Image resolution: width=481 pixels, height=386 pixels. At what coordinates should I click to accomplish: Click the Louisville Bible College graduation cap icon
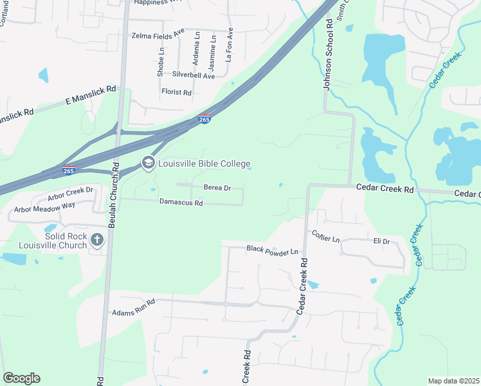point(149,163)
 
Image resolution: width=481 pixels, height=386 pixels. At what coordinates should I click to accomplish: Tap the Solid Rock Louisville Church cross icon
point(97,241)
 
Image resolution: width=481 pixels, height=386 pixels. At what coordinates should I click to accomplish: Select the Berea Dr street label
point(217,187)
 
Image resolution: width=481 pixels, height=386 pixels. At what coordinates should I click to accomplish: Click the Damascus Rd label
point(181,203)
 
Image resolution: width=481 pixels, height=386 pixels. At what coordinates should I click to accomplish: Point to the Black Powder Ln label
point(273,249)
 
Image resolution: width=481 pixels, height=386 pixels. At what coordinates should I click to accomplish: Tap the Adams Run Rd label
point(134,306)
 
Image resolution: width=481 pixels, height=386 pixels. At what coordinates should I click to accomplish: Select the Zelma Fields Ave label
point(158,36)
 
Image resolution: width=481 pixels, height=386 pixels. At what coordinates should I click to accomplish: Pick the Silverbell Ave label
point(194,76)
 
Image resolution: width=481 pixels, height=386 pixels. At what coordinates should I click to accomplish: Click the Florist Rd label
point(177,93)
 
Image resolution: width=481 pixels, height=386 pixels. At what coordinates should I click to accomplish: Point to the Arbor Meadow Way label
point(44,207)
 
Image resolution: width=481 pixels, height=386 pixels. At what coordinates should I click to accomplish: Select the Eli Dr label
point(382,242)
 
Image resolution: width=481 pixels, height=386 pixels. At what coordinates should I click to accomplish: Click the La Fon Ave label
point(229,44)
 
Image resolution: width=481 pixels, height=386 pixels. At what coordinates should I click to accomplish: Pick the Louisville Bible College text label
point(204,164)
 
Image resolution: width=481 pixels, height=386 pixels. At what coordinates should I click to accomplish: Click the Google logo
point(21,378)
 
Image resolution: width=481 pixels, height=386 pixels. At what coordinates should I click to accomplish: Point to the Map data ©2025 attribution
point(453,381)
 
